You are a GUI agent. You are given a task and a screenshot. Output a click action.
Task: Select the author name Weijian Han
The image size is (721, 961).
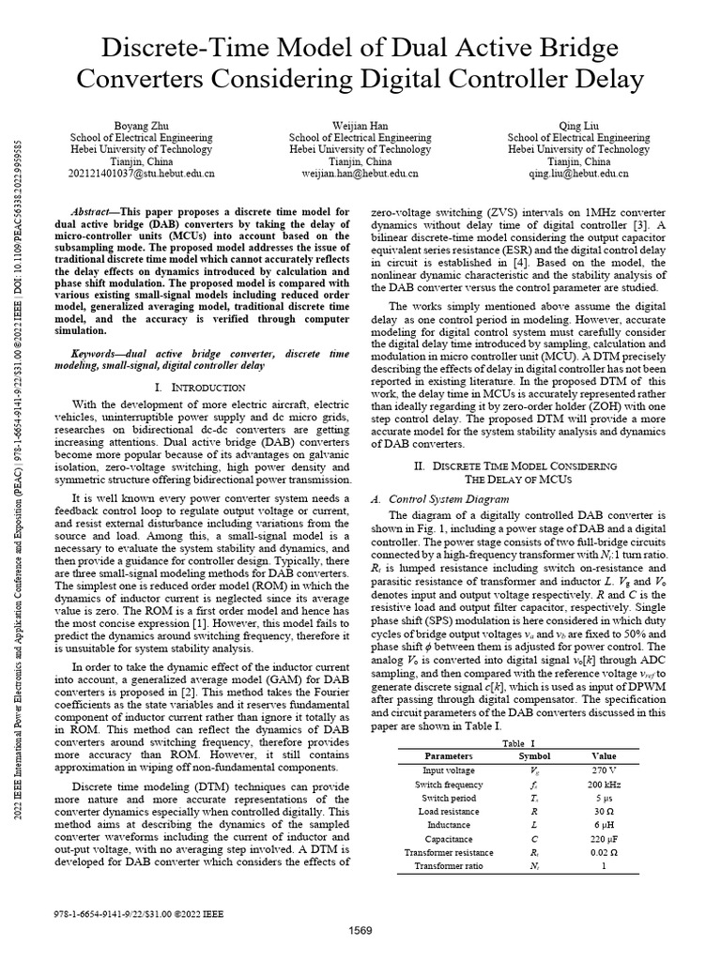click(360, 125)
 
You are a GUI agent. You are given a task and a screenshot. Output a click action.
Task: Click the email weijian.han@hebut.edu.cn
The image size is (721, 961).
click(360, 174)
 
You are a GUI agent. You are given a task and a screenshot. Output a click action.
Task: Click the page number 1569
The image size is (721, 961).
click(360, 930)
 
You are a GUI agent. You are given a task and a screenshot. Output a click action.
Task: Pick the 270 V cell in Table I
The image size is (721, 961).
click(604, 769)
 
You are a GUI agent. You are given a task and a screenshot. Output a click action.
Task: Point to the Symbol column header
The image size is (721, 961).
click(535, 755)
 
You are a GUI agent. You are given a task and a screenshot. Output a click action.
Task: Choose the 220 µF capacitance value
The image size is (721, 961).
click(604, 838)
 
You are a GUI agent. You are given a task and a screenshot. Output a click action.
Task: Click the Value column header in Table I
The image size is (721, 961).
click(604, 755)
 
